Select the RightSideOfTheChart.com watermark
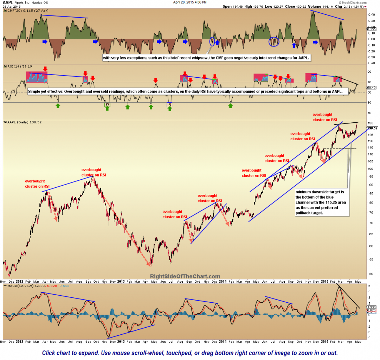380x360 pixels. point(185,277)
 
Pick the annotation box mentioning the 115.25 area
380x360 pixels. point(321,202)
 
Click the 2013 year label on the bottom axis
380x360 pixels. point(121,282)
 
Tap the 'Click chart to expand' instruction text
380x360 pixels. point(190,352)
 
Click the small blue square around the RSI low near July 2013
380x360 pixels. point(169,104)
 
